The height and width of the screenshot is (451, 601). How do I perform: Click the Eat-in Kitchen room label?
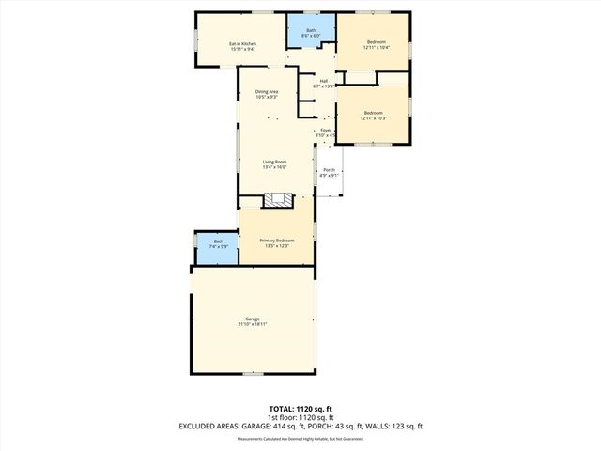coord(243,43)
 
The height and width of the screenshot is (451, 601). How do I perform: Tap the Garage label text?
coord(253,319)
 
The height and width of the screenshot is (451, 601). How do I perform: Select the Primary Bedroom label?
coord(277,240)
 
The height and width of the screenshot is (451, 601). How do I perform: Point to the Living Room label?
coord(274,162)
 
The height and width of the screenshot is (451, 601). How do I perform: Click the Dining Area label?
coord(267,91)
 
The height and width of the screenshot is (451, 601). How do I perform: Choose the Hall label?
coord(323,81)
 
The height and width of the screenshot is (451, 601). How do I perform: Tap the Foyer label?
coord(326,130)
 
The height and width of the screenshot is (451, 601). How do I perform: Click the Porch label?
coord(328,169)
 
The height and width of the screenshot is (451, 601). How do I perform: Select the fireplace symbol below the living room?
coord(278,199)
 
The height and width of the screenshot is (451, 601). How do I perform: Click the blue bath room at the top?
coord(311,34)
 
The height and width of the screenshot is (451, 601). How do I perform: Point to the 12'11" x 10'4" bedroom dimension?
coord(376,48)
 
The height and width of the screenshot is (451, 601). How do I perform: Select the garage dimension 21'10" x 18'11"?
coord(253,324)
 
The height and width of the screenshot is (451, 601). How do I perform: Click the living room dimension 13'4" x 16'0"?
coord(274,167)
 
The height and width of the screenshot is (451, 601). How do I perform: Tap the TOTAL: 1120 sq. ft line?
coord(300,409)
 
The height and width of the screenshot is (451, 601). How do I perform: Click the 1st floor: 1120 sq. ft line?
coord(300,417)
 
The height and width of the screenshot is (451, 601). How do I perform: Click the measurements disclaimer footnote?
coord(300,439)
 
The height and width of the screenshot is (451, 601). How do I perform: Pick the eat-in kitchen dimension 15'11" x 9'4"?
coord(243,49)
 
